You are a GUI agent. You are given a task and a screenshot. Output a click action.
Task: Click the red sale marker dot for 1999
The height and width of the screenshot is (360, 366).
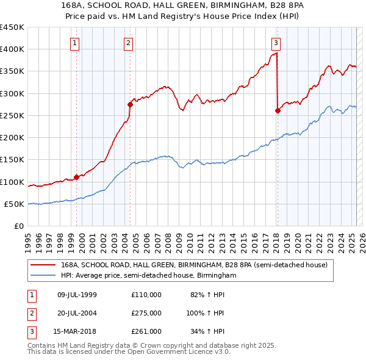77,178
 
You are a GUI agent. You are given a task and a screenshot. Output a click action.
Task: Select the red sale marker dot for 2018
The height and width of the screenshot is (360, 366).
278,110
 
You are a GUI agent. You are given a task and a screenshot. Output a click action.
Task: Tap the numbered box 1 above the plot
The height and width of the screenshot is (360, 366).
74,43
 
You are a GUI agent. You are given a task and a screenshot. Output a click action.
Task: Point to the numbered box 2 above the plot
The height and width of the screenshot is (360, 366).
129,43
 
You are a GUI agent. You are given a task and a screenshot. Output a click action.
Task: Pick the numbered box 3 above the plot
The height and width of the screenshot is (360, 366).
276,43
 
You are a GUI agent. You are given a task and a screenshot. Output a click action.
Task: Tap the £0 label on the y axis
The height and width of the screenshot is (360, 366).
19,226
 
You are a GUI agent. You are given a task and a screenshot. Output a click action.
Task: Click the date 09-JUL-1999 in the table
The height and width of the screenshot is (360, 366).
77,295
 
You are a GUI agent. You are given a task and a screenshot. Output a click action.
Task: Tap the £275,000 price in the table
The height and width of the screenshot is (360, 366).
146,313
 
